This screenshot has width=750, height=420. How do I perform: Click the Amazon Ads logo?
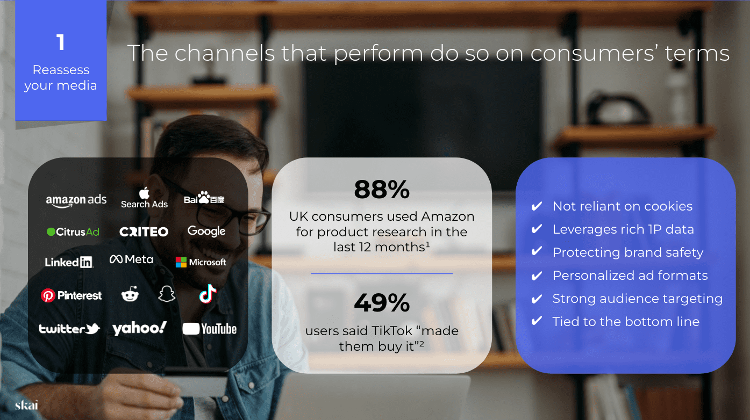point(76,201)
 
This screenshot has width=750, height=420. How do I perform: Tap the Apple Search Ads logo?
point(144,198)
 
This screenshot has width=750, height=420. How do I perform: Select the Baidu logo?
point(204,198)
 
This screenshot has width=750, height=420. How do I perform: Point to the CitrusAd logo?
point(73,231)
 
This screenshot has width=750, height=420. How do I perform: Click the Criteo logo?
point(144,231)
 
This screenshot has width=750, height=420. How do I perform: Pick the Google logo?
point(206,231)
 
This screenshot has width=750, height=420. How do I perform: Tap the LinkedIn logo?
point(69,262)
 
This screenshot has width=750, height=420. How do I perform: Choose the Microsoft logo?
point(201,262)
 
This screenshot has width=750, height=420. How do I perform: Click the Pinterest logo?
point(71,295)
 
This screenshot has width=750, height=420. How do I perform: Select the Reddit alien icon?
point(130,294)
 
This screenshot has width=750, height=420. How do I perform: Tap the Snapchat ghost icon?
point(167,294)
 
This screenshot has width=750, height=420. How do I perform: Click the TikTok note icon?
point(208,294)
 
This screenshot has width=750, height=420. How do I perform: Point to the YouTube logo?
point(210,329)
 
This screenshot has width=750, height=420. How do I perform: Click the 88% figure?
point(382,189)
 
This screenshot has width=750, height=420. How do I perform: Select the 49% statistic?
point(382,302)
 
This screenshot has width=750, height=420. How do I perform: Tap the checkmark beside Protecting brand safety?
point(537,251)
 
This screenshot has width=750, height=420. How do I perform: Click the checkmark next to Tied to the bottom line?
point(537,321)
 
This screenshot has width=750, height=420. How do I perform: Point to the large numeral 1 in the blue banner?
point(61,42)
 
